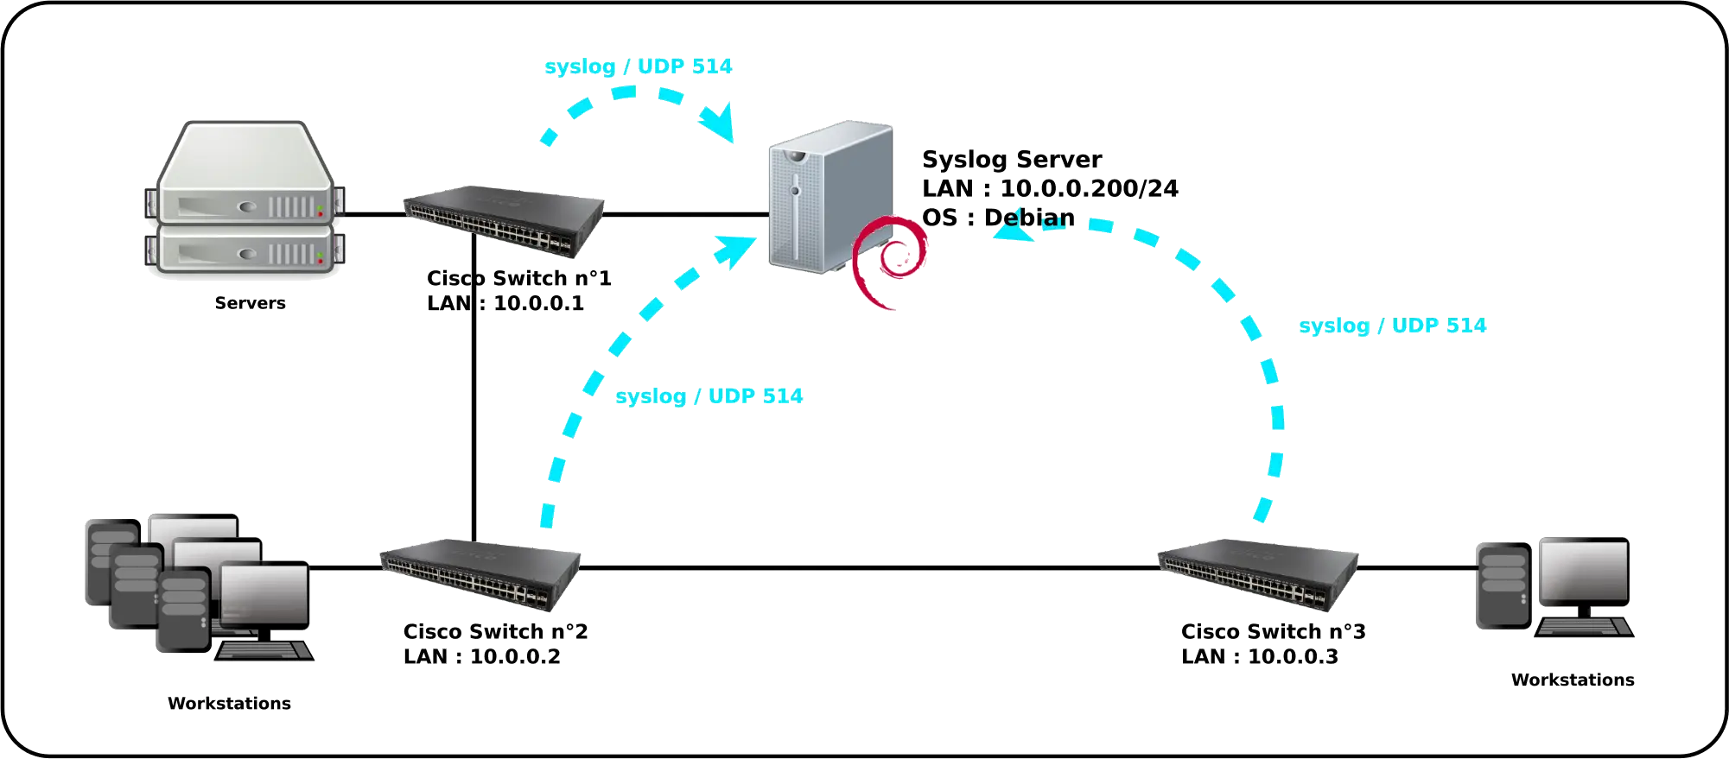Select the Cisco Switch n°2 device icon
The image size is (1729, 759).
[480, 574]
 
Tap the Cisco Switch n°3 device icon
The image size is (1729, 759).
[1257, 574]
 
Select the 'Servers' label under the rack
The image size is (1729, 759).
[251, 303]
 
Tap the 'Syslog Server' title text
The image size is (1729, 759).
[1011, 159]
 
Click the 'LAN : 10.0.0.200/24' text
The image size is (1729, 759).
[1050, 188]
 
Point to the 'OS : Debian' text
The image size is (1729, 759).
[998, 218]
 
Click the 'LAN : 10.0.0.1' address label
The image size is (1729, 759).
[506, 303]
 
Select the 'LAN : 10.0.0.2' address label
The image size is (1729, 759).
[481, 656]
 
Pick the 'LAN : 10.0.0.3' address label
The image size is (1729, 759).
[1261, 656]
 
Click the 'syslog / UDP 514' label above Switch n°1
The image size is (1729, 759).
[639, 66]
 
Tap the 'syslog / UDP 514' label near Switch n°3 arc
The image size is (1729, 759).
[1393, 326]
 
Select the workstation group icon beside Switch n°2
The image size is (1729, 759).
[199, 587]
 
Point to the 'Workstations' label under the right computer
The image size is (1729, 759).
[1573, 680]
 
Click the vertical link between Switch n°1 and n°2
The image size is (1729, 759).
[475, 414]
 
